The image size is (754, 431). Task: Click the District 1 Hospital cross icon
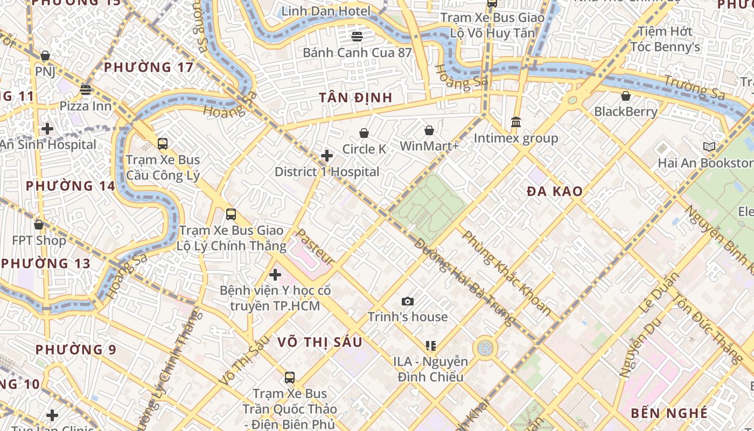pyautogui.click(x=326, y=156)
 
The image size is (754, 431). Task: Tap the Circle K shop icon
pyautogui.click(x=364, y=133)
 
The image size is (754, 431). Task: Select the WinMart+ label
pyautogui.click(x=429, y=146)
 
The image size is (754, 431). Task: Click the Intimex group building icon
pyautogui.click(x=516, y=122)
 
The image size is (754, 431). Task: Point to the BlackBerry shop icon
pyautogui.click(x=626, y=96)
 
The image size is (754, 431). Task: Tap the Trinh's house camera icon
pyautogui.click(x=408, y=301)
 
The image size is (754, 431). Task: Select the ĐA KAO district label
pyautogui.click(x=555, y=191)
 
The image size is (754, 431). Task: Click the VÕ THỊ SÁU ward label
pyautogui.click(x=320, y=342)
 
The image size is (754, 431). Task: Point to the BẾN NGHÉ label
pyautogui.click(x=669, y=413)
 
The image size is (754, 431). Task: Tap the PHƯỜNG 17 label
pyautogui.click(x=149, y=67)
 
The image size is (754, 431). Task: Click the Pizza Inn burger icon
pyautogui.click(x=85, y=89)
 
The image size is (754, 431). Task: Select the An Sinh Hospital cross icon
pyautogui.click(x=47, y=129)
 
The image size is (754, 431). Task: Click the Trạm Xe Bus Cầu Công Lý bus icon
pyautogui.click(x=163, y=144)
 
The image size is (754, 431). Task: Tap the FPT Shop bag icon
pyautogui.click(x=39, y=225)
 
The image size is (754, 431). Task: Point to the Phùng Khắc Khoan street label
pyautogui.click(x=507, y=273)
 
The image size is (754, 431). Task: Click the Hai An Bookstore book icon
pyautogui.click(x=709, y=147)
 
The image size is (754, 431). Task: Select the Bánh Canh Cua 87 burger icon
pyautogui.click(x=357, y=37)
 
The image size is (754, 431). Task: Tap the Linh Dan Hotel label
pyautogui.click(x=326, y=11)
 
